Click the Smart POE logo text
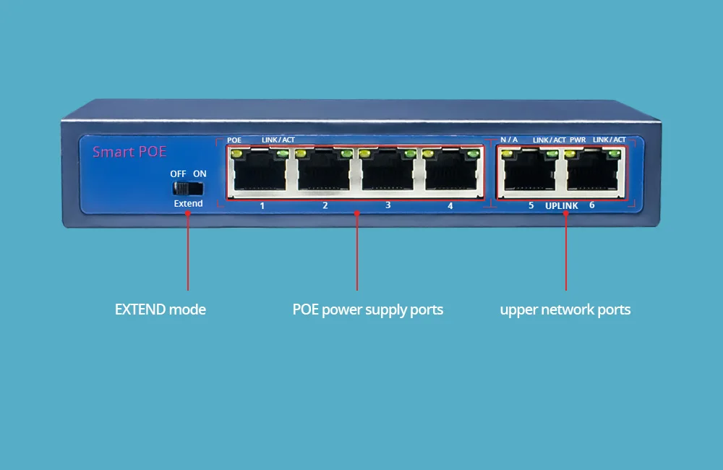pos(129,152)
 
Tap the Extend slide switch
pos(188,188)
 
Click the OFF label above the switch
pos(178,174)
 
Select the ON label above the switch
pos(200,174)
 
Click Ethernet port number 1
pos(260,171)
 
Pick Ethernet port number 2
pos(324,171)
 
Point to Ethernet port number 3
pos(388,171)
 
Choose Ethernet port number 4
pos(451,171)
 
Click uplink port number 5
pos(530,171)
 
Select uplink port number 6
pos(593,171)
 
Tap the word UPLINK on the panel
pos(562,206)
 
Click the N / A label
pos(509,140)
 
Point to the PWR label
pos(578,140)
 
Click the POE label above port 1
pos(234,140)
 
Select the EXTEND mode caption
pos(160,309)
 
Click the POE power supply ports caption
pos(367,310)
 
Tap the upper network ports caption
pos(565,310)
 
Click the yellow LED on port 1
pos(236,153)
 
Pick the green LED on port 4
pos(473,153)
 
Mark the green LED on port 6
pos(614,153)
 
